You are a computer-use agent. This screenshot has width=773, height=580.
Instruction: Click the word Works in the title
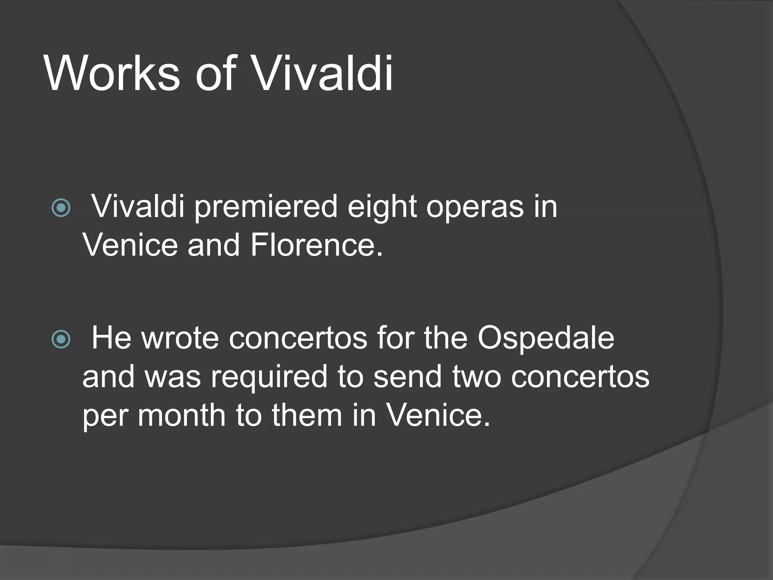coord(112,73)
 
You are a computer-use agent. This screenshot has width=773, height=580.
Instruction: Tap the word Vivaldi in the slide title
coord(323,73)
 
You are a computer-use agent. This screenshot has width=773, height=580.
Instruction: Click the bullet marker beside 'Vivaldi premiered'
coord(61,207)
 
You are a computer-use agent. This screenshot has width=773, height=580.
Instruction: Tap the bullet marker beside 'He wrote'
coord(61,339)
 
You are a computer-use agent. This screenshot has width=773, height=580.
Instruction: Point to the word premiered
coord(266,207)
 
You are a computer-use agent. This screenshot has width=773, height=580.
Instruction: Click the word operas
coord(475,207)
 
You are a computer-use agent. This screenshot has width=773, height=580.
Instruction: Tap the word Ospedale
coord(546,338)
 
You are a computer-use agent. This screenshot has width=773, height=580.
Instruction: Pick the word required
coord(269,377)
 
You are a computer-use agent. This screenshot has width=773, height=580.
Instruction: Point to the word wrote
coord(180,338)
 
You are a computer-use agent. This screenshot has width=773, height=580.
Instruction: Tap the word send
coord(408,377)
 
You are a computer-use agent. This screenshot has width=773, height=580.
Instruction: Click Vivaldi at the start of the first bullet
coord(138,207)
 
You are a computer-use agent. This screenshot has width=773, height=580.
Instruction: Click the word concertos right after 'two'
coord(580,377)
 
